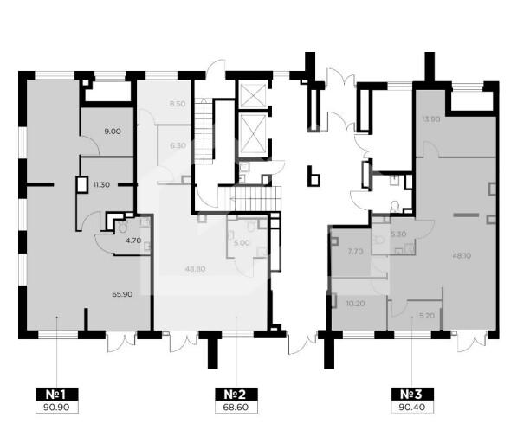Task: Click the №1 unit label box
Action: tap(57, 395)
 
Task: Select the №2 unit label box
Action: tap(236, 395)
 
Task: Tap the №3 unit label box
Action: tap(412, 395)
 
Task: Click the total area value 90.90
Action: tap(57, 408)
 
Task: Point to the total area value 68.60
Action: tap(236, 408)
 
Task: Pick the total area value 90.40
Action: tap(412, 408)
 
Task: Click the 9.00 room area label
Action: tap(113, 132)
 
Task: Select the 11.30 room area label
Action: tap(101, 185)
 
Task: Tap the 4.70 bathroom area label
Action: tap(133, 241)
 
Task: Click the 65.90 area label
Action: tap(122, 294)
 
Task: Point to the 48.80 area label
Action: tap(196, 269)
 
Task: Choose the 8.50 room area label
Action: tap(178, 104)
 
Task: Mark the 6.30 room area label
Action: tap(178, 145)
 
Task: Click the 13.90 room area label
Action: tap(431, 119)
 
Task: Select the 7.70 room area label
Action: tap(356, 251)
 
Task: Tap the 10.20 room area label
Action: tap(356, 304)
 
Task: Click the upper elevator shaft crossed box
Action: tap(252, 95)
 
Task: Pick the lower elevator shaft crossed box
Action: tap(252, 133)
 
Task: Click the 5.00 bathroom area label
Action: tap(242, 243)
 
